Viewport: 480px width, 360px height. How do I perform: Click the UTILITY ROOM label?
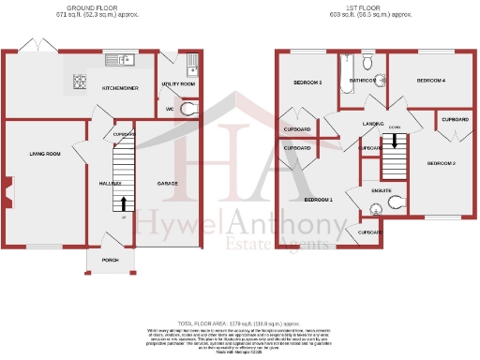178,84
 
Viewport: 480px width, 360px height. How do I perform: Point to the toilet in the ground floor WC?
190,109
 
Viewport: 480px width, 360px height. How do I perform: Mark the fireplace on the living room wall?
7,192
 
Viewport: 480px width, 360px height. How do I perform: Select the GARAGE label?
168,184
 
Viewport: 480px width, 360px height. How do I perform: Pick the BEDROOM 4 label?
430,81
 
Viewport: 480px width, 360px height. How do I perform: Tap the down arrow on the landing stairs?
395,142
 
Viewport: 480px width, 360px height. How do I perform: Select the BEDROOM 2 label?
441,164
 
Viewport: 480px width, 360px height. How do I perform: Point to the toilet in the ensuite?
395,200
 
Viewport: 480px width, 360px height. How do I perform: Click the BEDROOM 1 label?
318,200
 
